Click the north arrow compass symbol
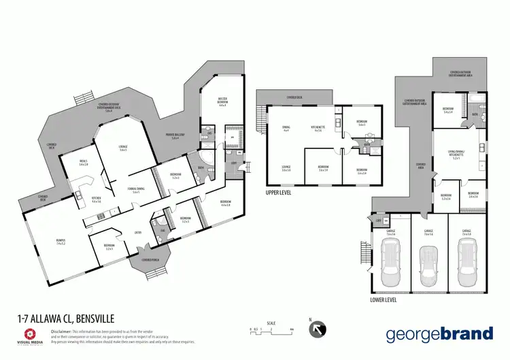(318, 330)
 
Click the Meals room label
(84, 162)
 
